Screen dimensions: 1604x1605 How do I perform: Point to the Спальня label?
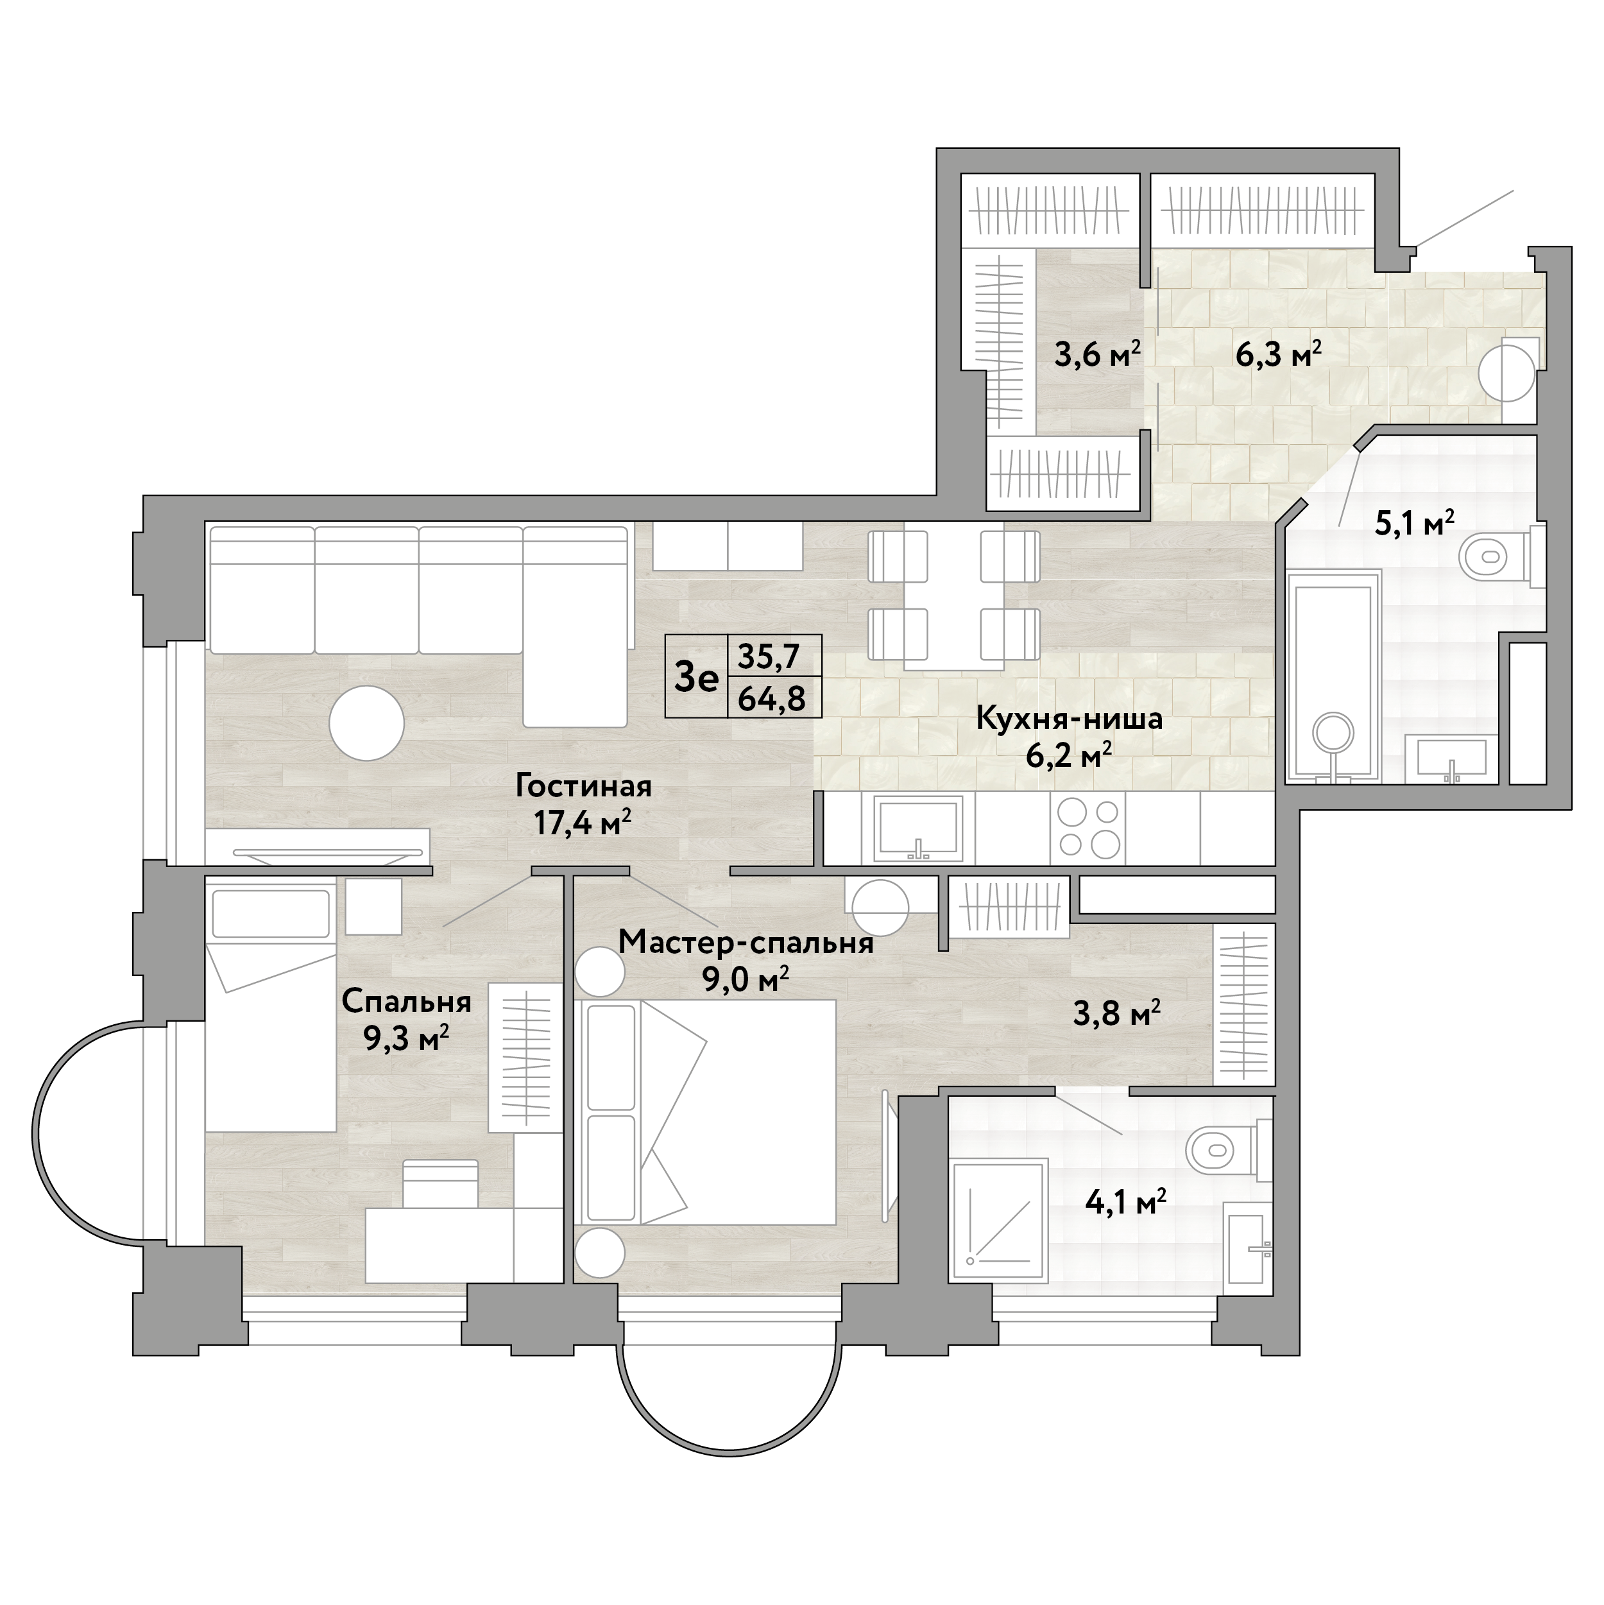[406, 1002]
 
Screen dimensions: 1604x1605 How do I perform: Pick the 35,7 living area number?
[769, 657]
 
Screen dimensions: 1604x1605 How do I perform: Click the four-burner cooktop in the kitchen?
[1088, 827]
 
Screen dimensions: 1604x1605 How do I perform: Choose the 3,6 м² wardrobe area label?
[1097, 356]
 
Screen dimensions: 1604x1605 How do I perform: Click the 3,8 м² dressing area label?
[1116, 1013]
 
